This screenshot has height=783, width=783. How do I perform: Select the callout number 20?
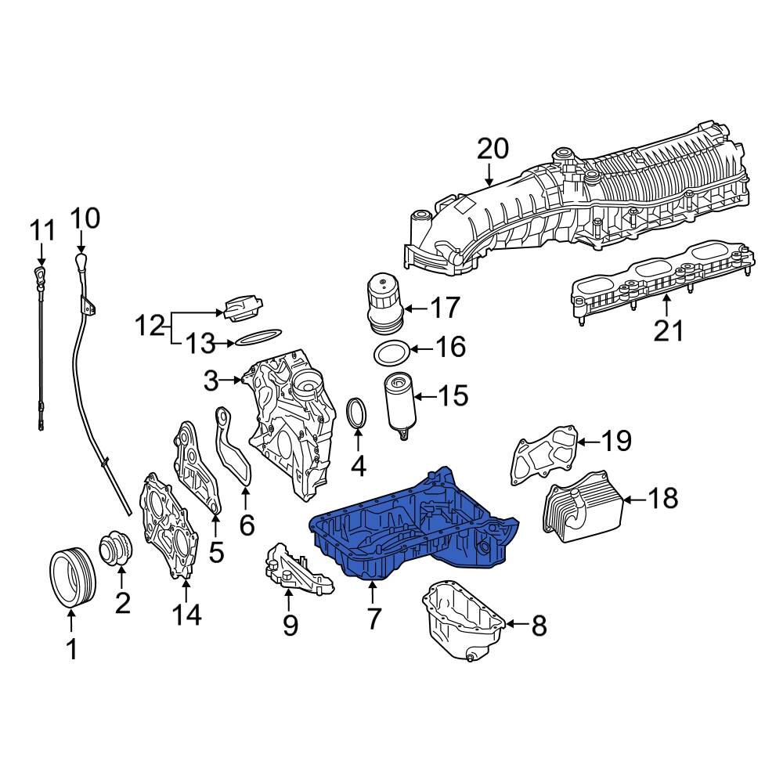[x=493, y=149]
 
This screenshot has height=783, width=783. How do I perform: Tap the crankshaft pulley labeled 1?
[x=71, y=578]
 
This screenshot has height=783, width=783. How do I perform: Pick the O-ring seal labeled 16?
[x=389, y=354]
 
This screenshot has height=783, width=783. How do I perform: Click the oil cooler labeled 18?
[x=581, y=506]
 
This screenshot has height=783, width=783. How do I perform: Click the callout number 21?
[x=669, y=331]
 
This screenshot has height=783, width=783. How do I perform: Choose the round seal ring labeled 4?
[x=358, y=414]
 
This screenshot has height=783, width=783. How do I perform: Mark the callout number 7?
[x=373, y=619]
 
